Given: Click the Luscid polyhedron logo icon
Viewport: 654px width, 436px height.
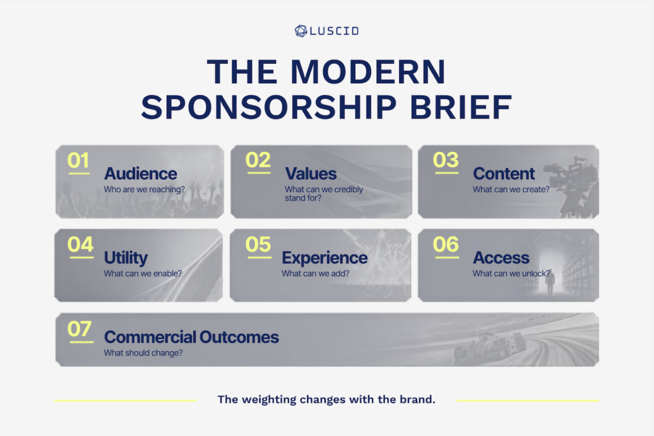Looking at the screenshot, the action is [301, 31].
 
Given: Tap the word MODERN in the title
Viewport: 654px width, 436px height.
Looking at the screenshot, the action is [369, 72].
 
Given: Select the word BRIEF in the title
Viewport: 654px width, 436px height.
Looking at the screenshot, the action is [461, 107].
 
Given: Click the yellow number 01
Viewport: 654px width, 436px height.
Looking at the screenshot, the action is [79, 160].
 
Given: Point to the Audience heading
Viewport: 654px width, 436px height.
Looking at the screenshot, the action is [141, 174].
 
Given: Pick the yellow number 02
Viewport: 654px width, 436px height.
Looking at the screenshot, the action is [258, 160].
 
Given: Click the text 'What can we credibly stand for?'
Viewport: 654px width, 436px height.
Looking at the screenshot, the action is [324, 193].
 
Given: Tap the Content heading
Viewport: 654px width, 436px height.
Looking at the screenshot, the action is [504, 174].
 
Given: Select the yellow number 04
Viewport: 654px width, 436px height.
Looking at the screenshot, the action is [80, 244].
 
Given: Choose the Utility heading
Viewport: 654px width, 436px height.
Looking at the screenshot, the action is [126, 258].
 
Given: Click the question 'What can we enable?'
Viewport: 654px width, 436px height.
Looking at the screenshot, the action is [142, 273].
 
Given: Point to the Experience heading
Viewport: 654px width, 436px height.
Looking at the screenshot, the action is [324, 258].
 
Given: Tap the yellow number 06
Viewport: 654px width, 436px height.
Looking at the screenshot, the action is [446, 244].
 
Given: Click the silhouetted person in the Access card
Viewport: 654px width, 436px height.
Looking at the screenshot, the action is [551, 282].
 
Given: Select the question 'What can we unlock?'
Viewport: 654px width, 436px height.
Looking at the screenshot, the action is [512, 273].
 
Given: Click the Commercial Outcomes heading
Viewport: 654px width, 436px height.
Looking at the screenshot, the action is [192, 337].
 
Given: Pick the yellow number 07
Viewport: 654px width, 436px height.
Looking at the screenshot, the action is [80, 329].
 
